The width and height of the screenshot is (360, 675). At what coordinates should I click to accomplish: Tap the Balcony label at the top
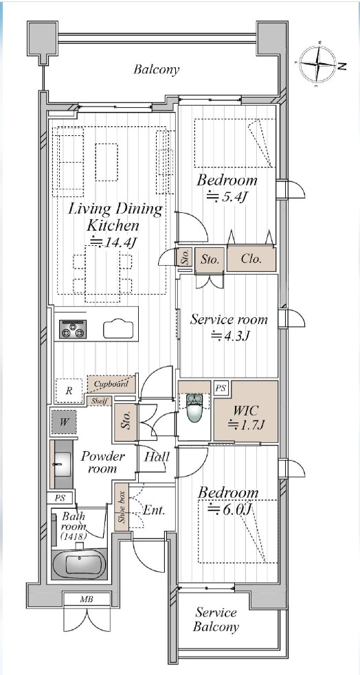pyautogui.click(x=156, y=69)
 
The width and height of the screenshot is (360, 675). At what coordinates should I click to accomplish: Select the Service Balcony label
pyautogui.click(x=216, y=619)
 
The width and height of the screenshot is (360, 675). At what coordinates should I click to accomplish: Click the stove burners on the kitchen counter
pyautogui.click(x=74, y=329)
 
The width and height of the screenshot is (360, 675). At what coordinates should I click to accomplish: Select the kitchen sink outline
pyautogui.click(x=120, y=330)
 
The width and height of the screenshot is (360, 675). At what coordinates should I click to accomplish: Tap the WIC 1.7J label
pyautogui.click(x=245, y=417)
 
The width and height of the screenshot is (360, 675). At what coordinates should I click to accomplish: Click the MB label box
pyautogui.click(x=86, y=599)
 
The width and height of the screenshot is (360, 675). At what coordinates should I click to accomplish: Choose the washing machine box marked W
pyautogui.click(x=64, y=422)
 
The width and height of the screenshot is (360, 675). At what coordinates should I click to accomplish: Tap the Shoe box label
pyautogui.click(x=122, y=508)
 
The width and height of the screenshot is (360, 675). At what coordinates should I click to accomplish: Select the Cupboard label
pyautogui.click(x=111, y=384)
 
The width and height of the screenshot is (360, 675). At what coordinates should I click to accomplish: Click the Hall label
pyautogui.click(x=157, y=457)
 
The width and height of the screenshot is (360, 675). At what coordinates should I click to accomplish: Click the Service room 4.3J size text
pyautogui.click(x=229, y=336)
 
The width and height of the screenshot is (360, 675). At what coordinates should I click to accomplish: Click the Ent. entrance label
pyautogui.click(x=153, y=510)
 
